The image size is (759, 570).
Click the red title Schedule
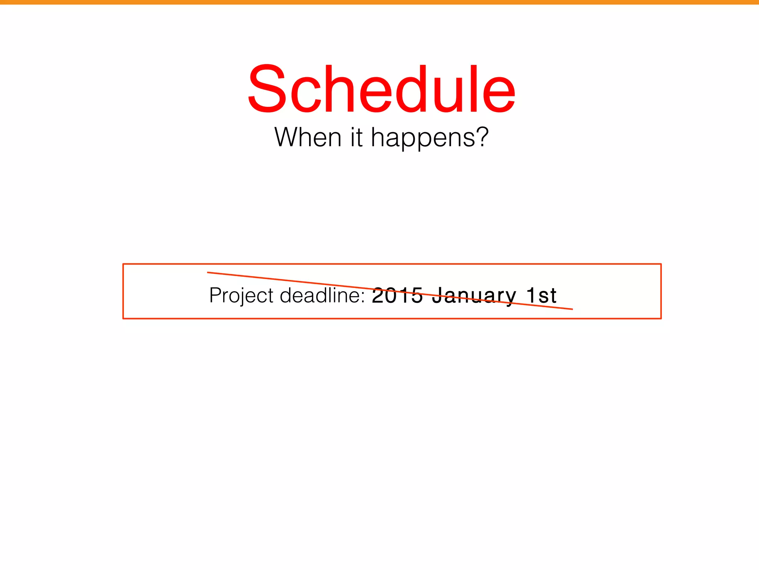point(381,89)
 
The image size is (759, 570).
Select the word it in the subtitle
point(356,137)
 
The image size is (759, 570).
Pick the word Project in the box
point(241,296)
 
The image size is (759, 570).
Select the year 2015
point(397,295)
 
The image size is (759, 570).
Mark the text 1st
point(541,295)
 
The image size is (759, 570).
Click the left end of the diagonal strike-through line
point(208,272)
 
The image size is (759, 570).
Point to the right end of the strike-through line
point(572,309)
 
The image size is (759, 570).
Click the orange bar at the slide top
point(379,2)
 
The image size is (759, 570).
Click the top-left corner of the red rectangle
point(123,264)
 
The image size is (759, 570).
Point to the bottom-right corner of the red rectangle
point(661,318)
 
